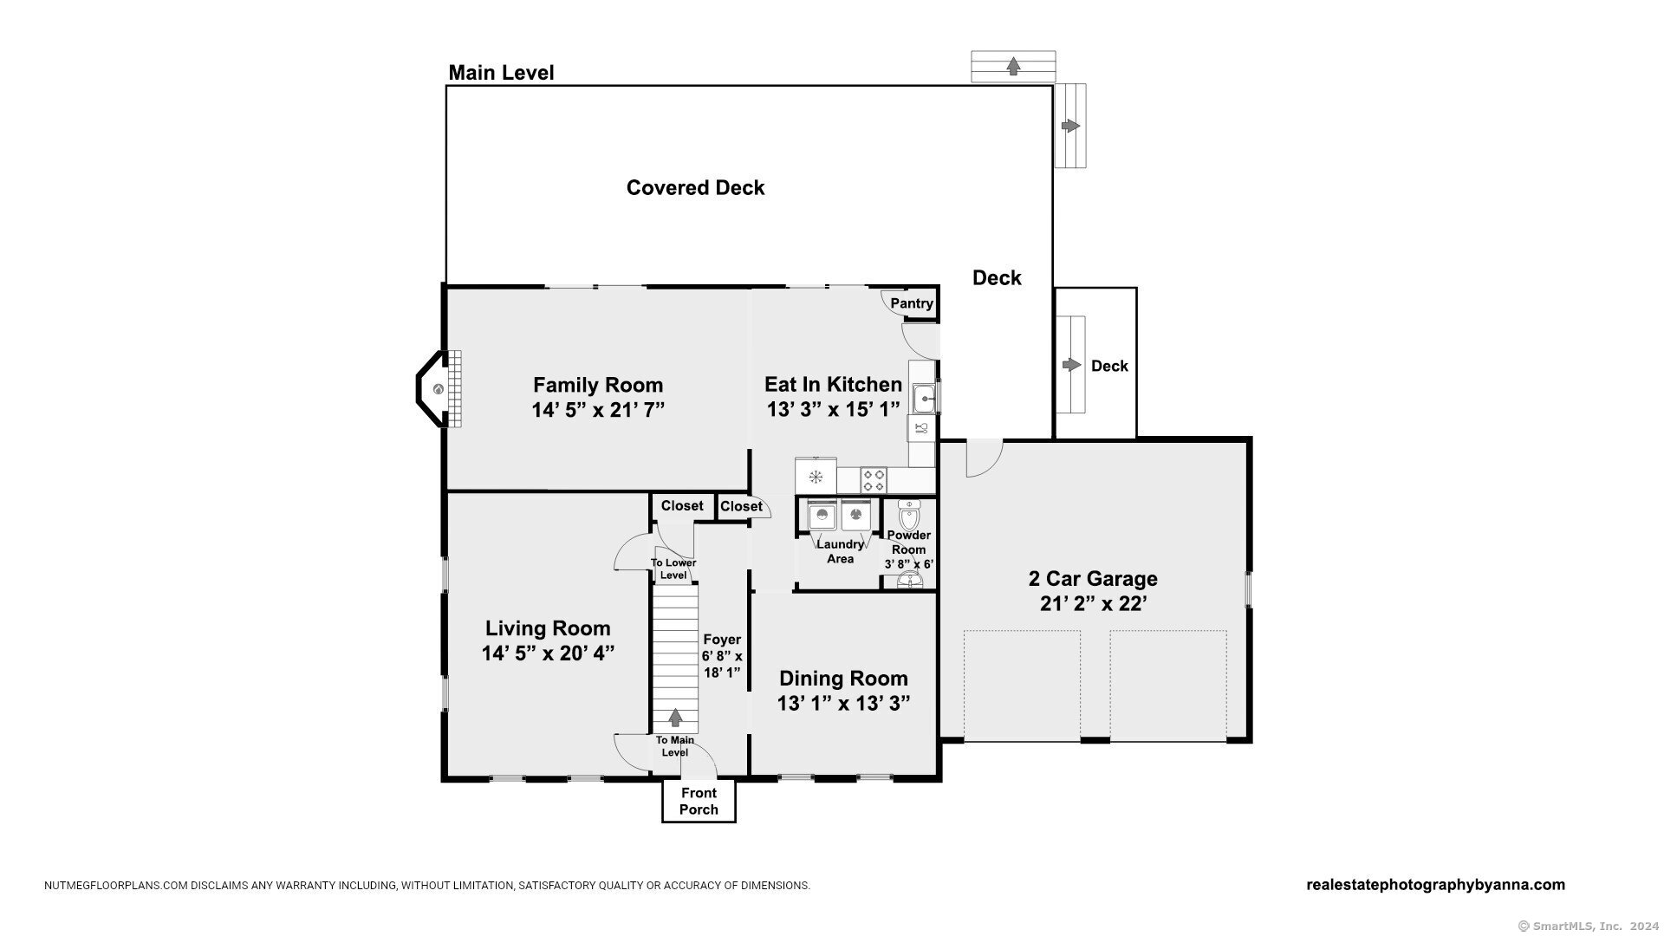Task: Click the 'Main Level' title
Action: pyautogui.click(x=501, y=73)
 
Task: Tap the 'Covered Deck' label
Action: pyautogui.click(x=695, y=188)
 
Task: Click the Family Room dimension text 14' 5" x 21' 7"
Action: pyautogui.click(x=598, y=410)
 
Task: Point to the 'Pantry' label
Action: pyautogui.click(x=912, y=303)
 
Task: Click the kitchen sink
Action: pyautogui.click(x=924, y=399)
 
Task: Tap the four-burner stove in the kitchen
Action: pyautogui.click(x=874, y=480)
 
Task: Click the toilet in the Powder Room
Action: pyautogui.click(x=909, y=515)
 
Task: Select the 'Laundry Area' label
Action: pyautogui.click(x=840, y=551)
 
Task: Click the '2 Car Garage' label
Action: pyautogui.click(x=1093, y=579)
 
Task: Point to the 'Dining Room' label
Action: pyautogui.click(x=843, y=679)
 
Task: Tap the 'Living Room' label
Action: pyautogui.click(x=548, y=628)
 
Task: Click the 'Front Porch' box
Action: pyautogui.click(x=699, y=801)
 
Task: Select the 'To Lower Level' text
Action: pyautogui.click(x=673, y=569)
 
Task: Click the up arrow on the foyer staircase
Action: pyautogui.click(x=675, y=718)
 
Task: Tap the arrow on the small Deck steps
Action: pyautogui.click(x=1072, y=365)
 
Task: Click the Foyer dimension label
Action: pyautogui.click(x=722, y=656)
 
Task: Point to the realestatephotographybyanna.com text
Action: pyautogui.click(x=1435, y=885)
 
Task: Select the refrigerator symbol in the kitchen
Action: pyautogui.click(x=816, y=476)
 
